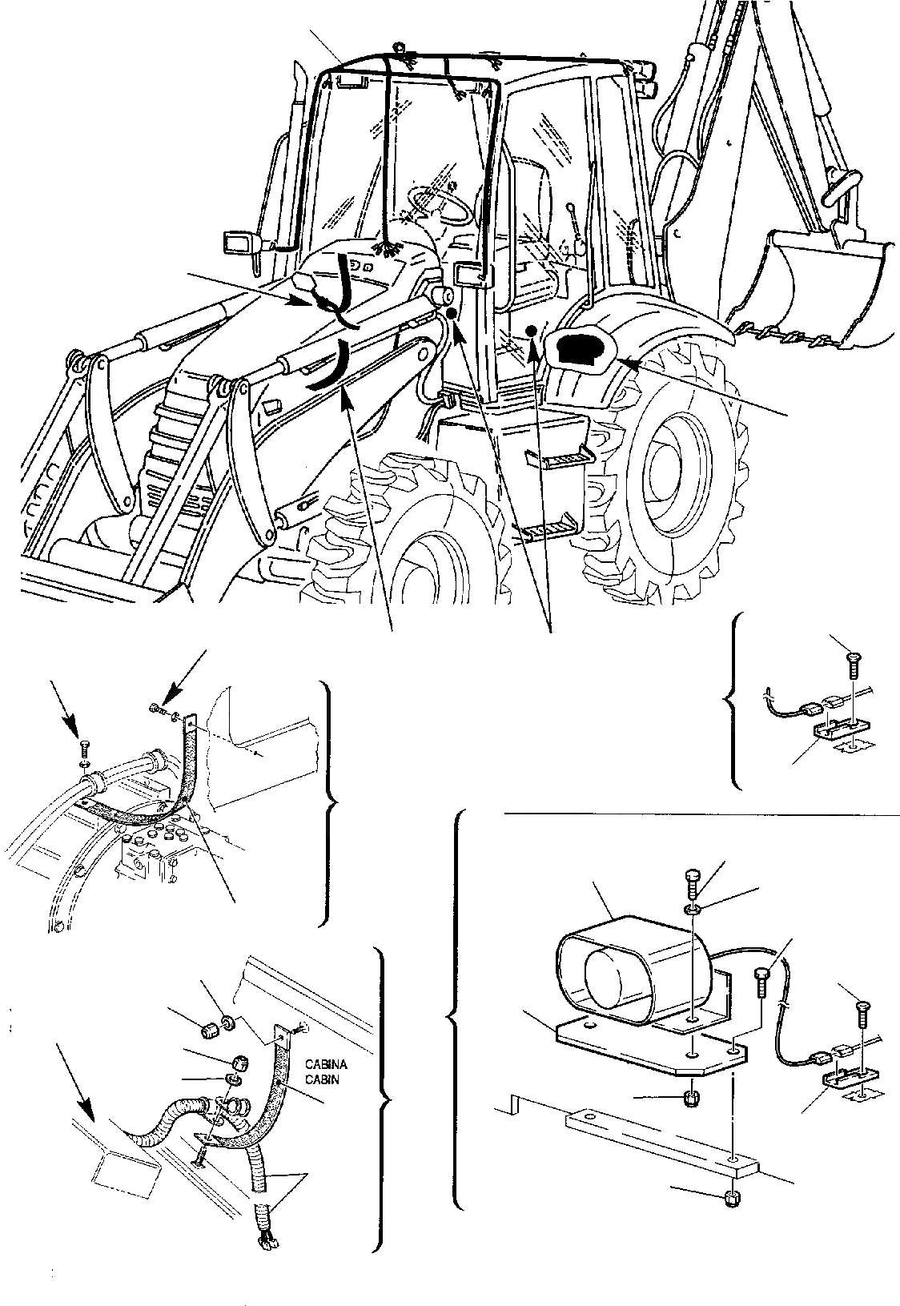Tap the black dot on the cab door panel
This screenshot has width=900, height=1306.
point(529,330)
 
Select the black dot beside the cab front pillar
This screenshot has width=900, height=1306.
point(452,313)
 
